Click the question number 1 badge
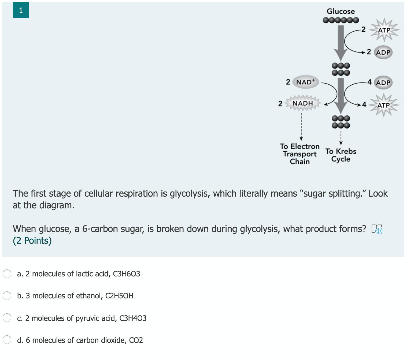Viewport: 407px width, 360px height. [x=21, y=10]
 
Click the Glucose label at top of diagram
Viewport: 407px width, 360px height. [x=341, y=11]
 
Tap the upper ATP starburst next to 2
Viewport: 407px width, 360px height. [x=384, y=30]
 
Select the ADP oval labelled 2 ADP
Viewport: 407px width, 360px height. [x=383, y=52]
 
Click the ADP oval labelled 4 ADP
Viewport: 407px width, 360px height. [x=383, y=82]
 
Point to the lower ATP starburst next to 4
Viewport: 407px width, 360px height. [x=383, y=105]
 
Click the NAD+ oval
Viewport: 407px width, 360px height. [x=306, y=82]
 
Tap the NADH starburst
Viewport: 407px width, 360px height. [x=302, y=103]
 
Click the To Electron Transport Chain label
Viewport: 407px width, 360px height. [x=300, y=154]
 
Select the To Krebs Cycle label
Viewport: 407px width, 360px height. [x=341, y=155]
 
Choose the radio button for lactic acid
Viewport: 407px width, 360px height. [x=7, y=274]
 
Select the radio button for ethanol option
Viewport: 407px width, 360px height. [x=7, y=296]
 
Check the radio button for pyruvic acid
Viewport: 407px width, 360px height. [x=7, y=318]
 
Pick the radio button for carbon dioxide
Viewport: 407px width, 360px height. [x=7, y=340]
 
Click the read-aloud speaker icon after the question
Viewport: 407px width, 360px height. [x=377, y=229]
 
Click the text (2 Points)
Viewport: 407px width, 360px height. [x=32, y=241]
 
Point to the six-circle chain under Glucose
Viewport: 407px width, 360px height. [x=341, y=20]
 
